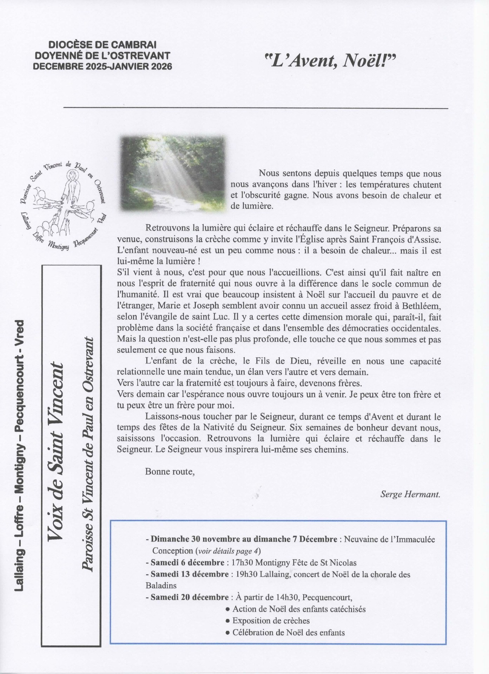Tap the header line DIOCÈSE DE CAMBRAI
click(103, 45)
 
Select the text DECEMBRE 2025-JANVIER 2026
click(103, 66)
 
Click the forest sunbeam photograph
click(172, 174)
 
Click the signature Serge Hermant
click(410, 494)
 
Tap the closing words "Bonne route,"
click(170, 471)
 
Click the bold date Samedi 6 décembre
click(187, 563)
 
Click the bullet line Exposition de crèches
click(271, 621)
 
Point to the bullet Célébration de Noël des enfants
click(288, 633)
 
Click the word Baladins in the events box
click(161, 586)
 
